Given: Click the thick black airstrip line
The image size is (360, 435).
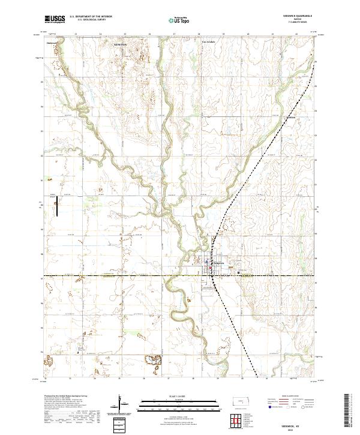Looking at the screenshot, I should pyautogui.click(x=58, y=208).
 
